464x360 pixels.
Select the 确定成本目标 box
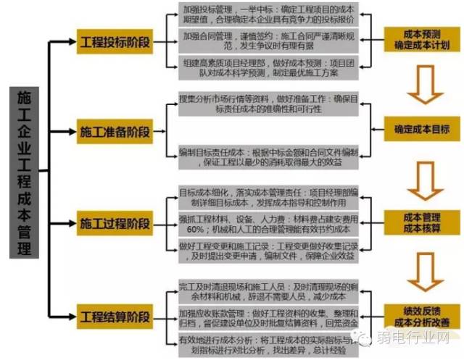point(421,129)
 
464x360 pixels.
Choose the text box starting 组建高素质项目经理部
point(269,71)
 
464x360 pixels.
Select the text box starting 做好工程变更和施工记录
point(269,250)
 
